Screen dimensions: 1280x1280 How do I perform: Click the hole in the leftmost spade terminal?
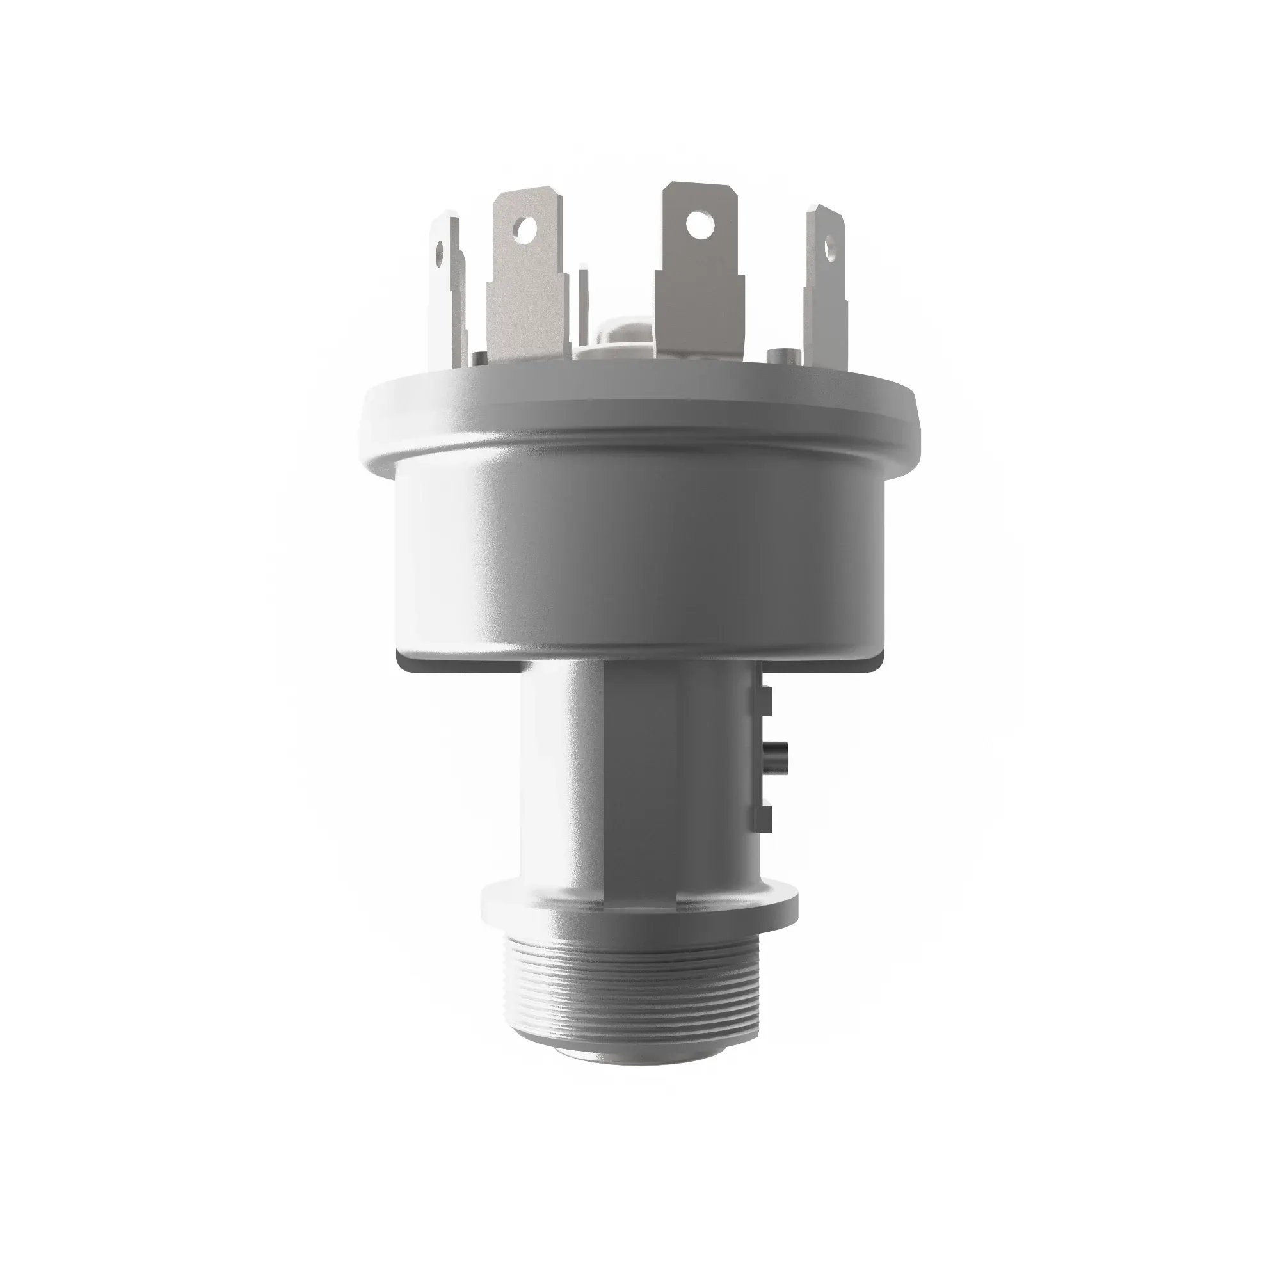[438, 252]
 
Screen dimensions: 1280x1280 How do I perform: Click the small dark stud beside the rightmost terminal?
[780, 356]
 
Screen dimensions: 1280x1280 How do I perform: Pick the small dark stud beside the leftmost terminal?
[478, 358]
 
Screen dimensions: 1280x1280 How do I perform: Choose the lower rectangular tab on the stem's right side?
[764, 819]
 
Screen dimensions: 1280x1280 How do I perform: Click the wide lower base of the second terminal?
[528, 318]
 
